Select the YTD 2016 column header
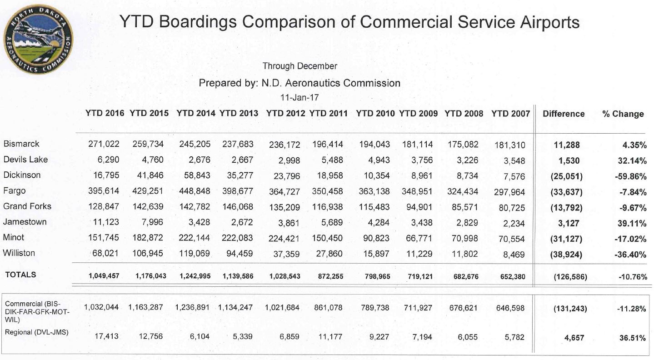coord(105,114)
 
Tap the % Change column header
coord(623,114)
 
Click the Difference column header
coord(564,114)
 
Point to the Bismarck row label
coord(21,144)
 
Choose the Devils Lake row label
coord(25,160)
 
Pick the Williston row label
coord(19,253)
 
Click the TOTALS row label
coord(20,275)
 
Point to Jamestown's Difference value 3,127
coord(566,223)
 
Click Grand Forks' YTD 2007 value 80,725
coord(509,208)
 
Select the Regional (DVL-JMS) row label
coord(36,332)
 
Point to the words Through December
coord(300,66)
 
